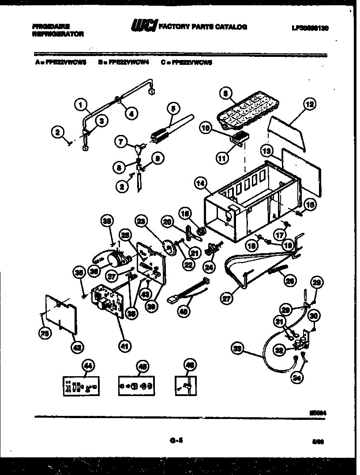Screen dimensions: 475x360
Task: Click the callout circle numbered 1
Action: coord(80,105)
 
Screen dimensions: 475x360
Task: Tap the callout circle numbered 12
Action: coord(310,105)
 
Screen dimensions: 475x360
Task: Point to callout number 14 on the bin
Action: coord(200,182)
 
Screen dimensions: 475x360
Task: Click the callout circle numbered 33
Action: coord(238,348)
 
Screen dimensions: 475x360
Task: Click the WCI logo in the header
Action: coord(143,27)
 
